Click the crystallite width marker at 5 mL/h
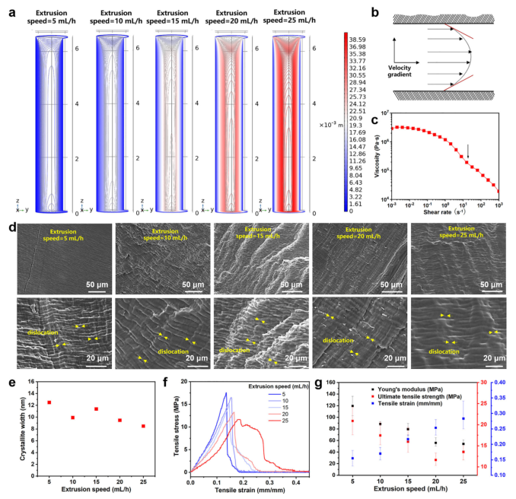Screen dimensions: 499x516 (49, 402)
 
